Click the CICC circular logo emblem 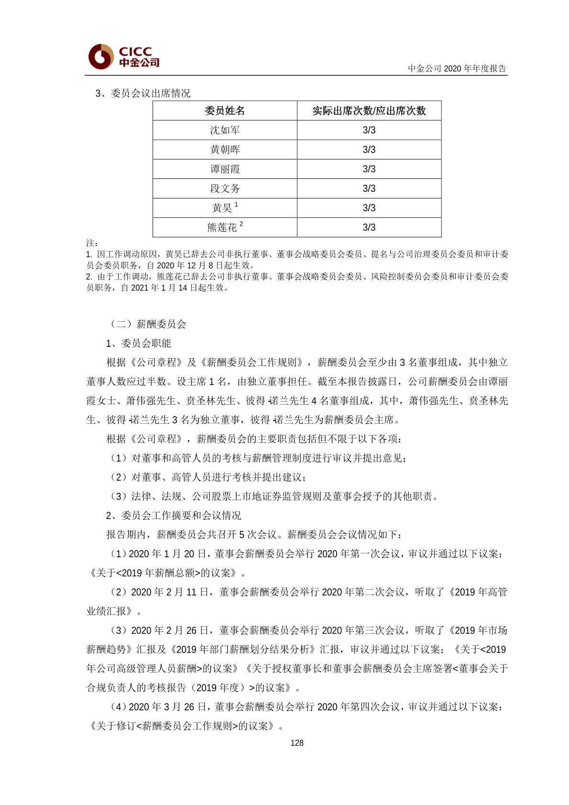click(100, 56)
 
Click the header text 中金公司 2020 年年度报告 click(457, 68)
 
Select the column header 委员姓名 click(225, 111)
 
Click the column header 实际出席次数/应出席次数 click(369, 111)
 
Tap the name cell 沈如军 click(225, 130)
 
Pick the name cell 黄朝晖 click(225, 150)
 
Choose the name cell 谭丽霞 click(225, 169)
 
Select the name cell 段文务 click(225, 188)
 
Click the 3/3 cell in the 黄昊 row click(369, 208)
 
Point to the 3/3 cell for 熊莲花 click(369, 228)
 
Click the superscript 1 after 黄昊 click(236, 205)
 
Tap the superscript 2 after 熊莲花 click(241, 224)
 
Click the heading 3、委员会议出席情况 click(143, 93)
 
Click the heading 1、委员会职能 click(138, 343)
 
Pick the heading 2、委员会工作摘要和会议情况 click(174, 516)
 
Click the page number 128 click(296, 743)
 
